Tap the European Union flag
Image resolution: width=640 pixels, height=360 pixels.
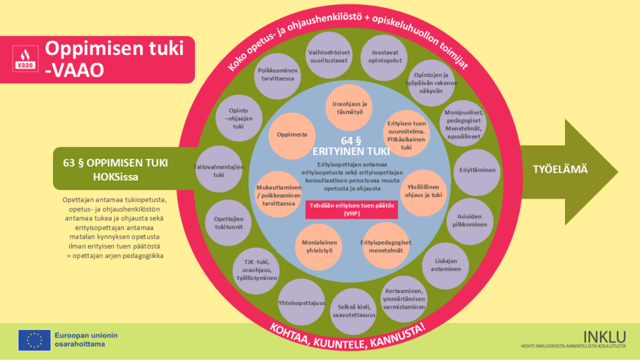[x=34, y=340]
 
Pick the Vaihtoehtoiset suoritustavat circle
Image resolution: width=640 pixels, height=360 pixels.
[x=329, y=56]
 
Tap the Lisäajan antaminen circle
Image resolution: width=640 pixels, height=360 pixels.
[x=446, y=264]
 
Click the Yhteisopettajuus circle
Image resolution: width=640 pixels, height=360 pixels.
[x=302, y=302]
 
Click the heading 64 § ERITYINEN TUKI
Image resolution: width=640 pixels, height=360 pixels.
[x=351, y=145]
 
